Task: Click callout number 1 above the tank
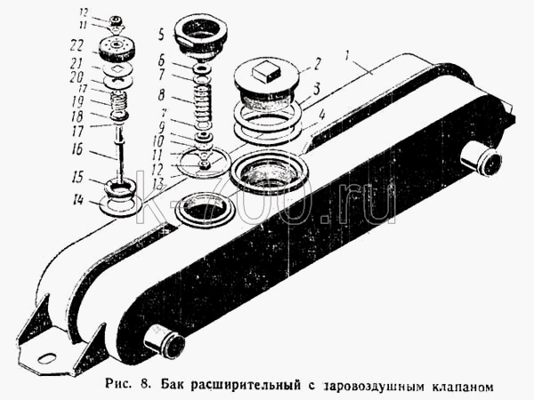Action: pos(347,56)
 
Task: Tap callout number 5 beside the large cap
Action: pos(161,35)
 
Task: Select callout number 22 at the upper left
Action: pos(77,46)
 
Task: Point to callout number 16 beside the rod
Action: pos(77,148)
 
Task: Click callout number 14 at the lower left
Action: pos(77,200)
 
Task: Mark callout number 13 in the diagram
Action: pos(158,184)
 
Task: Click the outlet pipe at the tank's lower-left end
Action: pos(164,342)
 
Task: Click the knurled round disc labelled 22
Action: pos(117,50)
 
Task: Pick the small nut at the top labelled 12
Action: pos(117,21)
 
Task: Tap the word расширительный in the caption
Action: pos(246,386)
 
